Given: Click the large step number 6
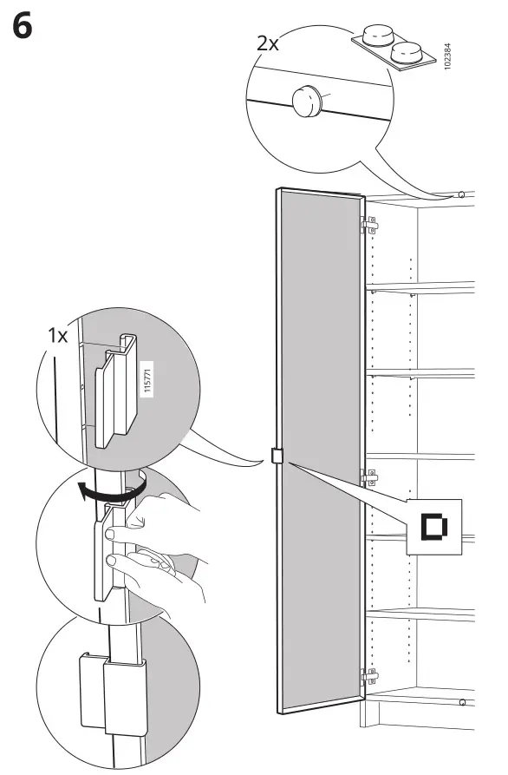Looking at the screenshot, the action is click(x=23, y=26).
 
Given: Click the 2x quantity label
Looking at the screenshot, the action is click(x=268, y=43).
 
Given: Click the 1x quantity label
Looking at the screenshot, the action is click(x=57, y=336).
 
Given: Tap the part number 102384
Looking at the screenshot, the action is click(x=447, y=56).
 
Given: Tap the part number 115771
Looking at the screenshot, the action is click(x=147, y=378).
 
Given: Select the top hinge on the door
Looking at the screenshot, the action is click(x=369, y=225).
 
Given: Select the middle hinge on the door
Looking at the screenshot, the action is click(x=369, y=477).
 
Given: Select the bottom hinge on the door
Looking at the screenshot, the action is click(x=369, y=676).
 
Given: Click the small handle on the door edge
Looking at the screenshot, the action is click(x=277, y=456).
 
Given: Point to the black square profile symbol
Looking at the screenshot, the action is click(x=434, y=527).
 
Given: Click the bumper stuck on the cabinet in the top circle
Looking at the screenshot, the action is click(x=307, y=101).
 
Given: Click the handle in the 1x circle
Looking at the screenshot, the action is click(x=116, y=391).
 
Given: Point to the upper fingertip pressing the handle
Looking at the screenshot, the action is click(x=112, y=534).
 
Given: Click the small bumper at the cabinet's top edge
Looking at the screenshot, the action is click(x=460, y=194).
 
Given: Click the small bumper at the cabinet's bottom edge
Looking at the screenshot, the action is click(x=462, y=702).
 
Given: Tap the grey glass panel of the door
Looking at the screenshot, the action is click(x=321, y=450).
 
